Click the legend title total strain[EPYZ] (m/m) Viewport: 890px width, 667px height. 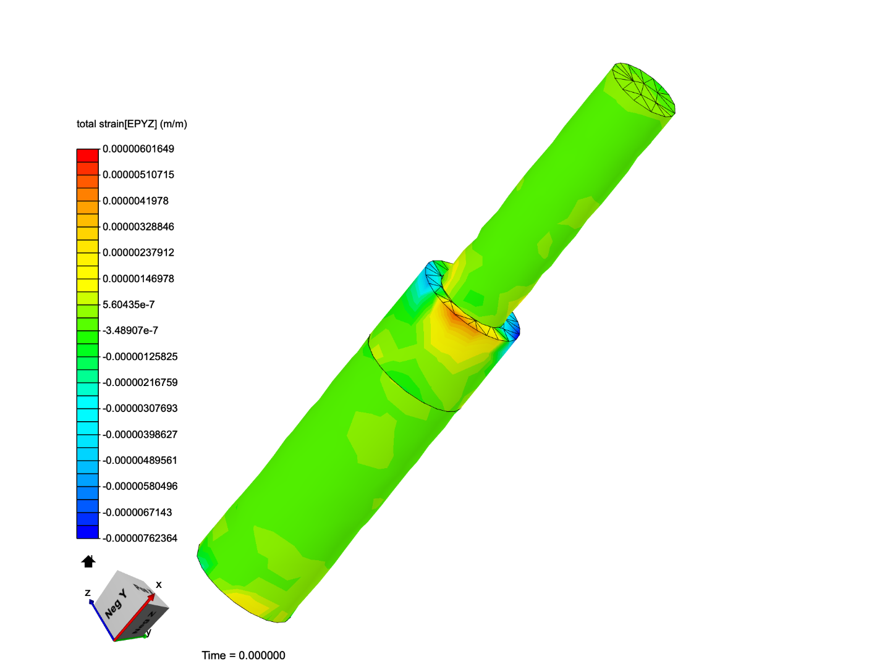click(132, 124)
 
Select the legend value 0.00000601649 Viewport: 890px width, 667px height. click(138, 149)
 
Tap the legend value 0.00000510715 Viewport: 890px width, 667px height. click(138, 175)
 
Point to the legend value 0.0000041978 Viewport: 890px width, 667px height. click(135, 201)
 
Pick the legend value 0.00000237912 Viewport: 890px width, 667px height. click(138, 253)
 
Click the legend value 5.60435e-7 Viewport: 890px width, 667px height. click(129, 304)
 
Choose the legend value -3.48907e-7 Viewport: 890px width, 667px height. click(130, 330)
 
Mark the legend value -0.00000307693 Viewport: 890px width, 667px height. click(140, 408)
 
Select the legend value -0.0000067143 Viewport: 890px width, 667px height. click(137, 512)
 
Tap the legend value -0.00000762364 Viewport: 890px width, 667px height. click(140, 538)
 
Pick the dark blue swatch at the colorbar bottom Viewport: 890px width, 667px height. click(88, 532)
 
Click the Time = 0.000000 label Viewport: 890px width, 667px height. click(244, 655)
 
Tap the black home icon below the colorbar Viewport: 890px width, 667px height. click(88, 561)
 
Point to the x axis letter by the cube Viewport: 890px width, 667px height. click(159, 584)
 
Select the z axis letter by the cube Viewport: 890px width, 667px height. click(88, 593)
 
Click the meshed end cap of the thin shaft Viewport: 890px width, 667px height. click(643, 90)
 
